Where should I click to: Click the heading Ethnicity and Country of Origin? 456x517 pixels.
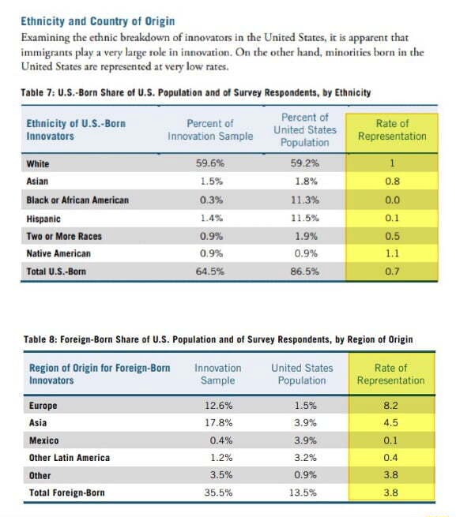98,21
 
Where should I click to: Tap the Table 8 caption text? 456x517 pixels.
217,339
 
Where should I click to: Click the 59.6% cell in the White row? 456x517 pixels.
209,164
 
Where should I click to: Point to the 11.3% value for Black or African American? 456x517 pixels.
304,200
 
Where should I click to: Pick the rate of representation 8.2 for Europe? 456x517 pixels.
390,406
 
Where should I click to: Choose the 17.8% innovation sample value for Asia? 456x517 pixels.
217,423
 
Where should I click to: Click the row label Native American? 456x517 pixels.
58,253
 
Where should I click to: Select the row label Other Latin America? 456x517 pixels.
70,458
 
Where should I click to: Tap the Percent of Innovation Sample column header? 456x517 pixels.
210,129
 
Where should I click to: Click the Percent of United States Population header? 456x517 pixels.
304,129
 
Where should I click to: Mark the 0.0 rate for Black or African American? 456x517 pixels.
392,200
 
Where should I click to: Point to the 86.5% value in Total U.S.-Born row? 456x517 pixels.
304,272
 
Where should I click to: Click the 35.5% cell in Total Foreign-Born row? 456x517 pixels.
217,493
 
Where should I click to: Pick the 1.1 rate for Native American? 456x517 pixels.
392,253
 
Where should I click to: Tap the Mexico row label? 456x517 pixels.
44,440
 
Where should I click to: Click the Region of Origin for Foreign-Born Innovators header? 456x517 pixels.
100,374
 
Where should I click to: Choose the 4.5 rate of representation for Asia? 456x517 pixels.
390,423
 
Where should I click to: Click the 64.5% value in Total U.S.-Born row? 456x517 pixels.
209,272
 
